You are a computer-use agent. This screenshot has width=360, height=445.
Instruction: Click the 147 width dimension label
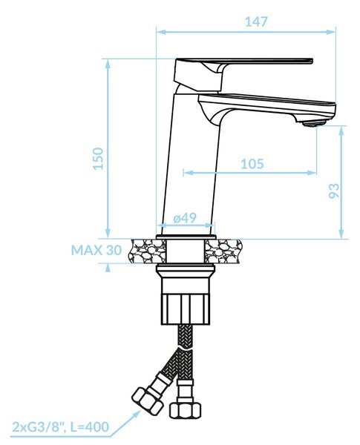256,22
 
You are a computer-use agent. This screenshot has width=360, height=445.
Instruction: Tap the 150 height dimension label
98,159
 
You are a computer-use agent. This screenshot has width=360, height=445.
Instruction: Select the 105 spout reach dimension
252,164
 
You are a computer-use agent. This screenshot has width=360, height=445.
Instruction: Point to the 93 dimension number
334,191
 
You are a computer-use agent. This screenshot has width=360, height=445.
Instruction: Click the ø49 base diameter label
185,218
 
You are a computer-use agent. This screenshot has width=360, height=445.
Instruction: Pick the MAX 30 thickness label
96,250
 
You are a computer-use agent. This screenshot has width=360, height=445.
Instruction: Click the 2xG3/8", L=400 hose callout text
60,426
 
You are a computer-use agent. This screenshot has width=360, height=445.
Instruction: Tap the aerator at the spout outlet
314,123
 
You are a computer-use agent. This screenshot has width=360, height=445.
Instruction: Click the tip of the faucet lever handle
312,61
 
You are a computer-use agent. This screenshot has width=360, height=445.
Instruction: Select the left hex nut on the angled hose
148,400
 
